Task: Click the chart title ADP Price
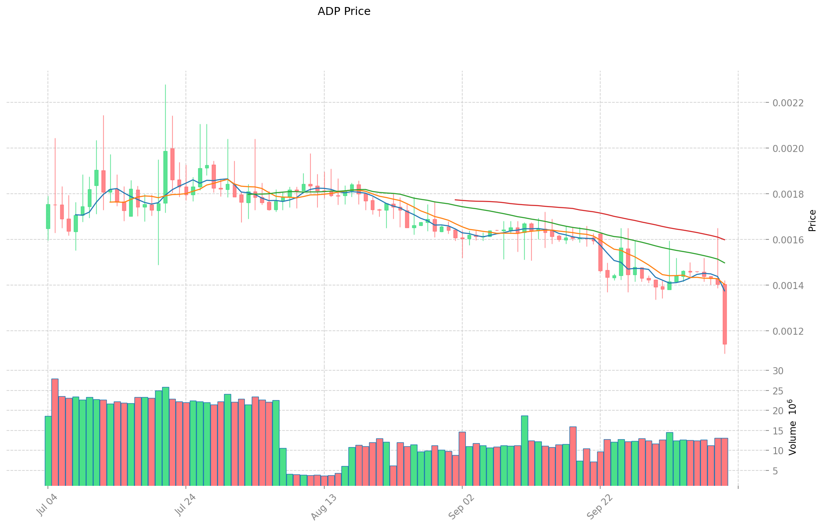pyautogui.click(x=344, y=11)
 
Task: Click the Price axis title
pyautogui.click(x=812, y=221)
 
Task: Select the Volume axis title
pyautogui.click(x=793, y=427)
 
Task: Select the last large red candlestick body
pyautogui.click(x=725, y=314)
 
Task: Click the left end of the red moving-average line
pyautogui.click(x=456, y=200)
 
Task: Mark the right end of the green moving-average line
pyautogui.click(x=724, y=263)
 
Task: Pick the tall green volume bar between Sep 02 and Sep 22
pyautogui.click(x=525, y=450)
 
